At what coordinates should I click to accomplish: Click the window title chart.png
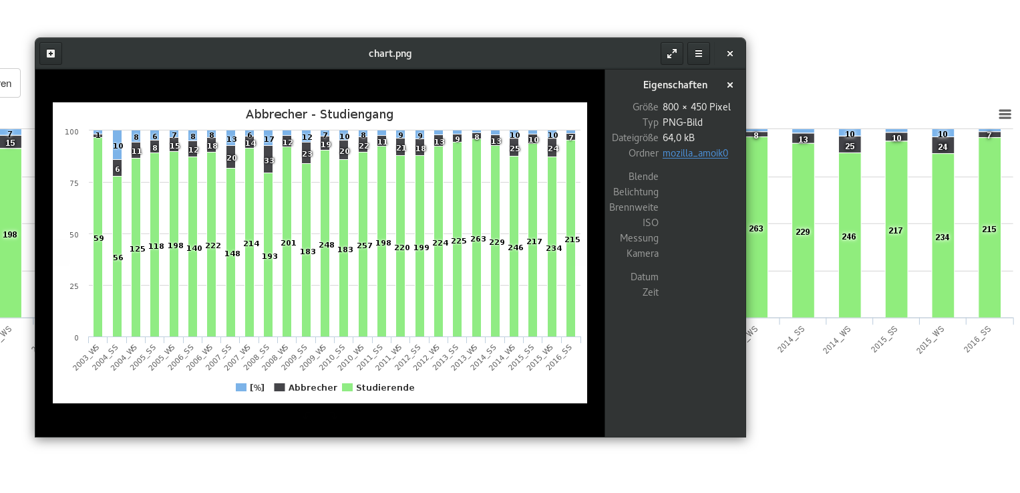390,54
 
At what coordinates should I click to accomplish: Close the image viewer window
730,54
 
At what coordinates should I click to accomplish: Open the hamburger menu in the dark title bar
699,54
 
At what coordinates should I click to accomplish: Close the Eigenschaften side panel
730,85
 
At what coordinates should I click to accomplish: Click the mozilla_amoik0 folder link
695,153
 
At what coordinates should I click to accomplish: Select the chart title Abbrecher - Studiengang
319,114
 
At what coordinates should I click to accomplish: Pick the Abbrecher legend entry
312,388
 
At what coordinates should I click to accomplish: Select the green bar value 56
118,258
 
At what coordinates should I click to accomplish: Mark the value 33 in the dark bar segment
269,161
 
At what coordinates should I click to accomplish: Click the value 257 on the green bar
364,246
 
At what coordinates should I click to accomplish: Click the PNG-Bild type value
682,122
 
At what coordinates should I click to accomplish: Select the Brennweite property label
633,207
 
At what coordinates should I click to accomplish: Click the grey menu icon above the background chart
1005,114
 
